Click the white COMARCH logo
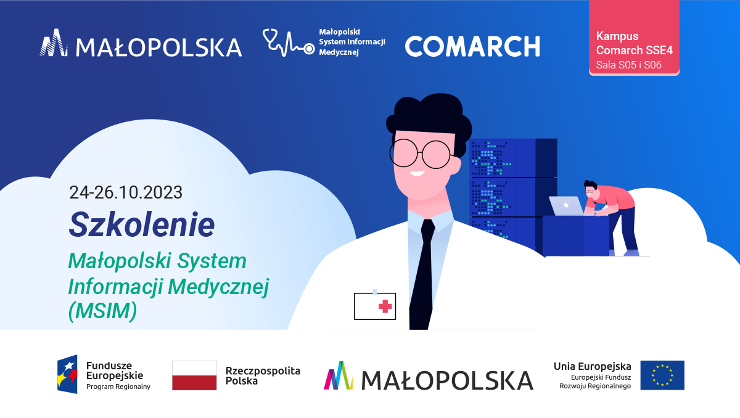(472, 46)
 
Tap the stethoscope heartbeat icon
(289, 43)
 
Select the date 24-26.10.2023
(126, 192)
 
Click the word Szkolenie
(142, 224)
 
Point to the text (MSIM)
(102, 311)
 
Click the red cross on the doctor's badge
(385, 306)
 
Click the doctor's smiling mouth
(417, 173)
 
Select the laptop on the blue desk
(566, 206)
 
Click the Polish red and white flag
(194, 375)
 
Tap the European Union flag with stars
(662, 375)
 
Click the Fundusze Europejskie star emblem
(67, 374)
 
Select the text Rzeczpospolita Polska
(263, 375)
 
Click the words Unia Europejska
(593, 366)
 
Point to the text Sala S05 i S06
(628, 65)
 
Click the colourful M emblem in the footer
(338, 375)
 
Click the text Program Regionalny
(118, 387)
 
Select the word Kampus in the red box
(617, 36)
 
